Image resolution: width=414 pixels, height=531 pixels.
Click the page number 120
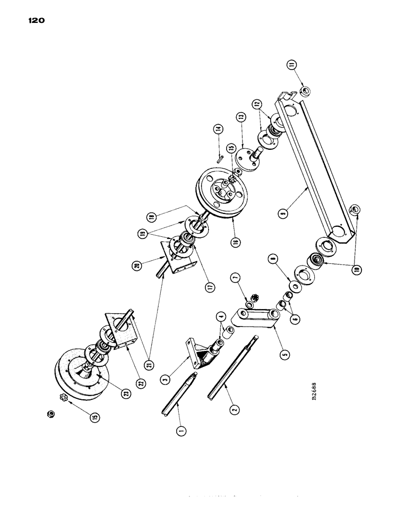pos(33,21)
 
